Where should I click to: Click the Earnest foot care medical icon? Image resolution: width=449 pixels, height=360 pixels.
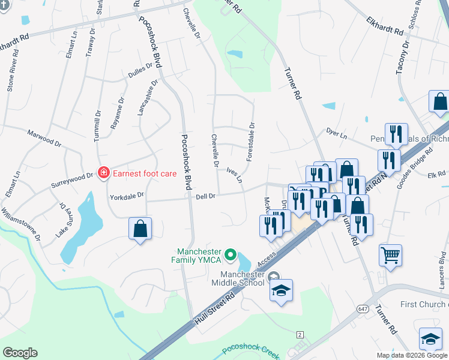[104, 173]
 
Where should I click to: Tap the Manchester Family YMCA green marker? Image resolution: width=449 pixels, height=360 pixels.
[230, 256]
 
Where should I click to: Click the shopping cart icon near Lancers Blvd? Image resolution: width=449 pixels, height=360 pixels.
[390, 254]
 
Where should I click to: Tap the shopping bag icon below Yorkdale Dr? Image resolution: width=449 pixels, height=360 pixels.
[140, 229]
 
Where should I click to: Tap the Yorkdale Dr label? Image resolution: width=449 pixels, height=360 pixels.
[127, 196]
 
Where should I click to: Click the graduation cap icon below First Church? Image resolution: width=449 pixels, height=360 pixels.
[431, 339]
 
